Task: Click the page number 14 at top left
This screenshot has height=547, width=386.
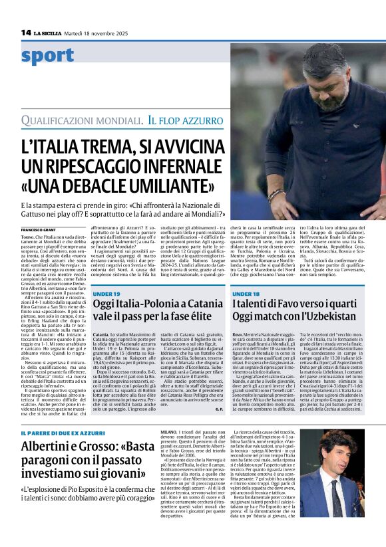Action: pos(26,32)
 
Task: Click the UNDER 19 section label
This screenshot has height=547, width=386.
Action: pos(107,275)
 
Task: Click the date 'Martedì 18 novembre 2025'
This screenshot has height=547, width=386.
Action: pos(100,33)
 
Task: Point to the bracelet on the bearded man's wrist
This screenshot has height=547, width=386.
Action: pos(274,195)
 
